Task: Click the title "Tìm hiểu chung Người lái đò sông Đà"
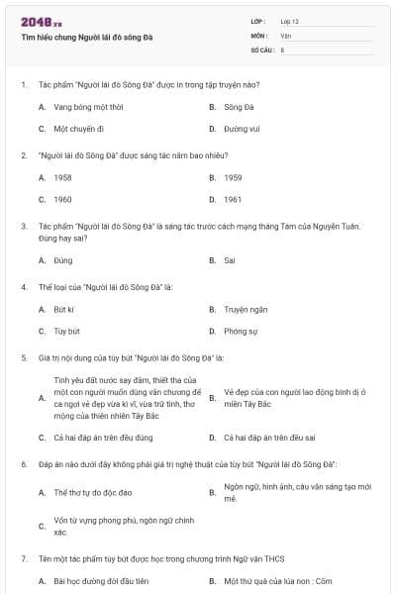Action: pos(87,38)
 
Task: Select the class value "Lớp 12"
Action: pos(290,21)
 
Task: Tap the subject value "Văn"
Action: pos(286,35)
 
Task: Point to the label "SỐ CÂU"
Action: pos(261,49)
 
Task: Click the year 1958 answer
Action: pos(62,177)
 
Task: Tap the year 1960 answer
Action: pos(62,199)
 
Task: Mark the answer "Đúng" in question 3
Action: pos(63,260)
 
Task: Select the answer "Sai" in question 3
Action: pos(230,260)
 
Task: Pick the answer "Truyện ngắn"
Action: pos(245,309)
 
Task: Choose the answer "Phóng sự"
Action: pos(241,331)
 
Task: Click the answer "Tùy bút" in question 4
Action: pos(66,331)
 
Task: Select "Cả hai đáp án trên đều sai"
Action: pos(269,437)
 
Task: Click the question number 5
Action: pos(24,357)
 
